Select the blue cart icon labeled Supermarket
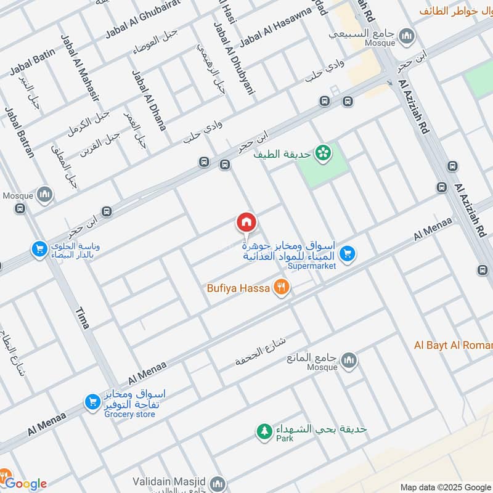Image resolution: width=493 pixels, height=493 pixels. coord(348,253)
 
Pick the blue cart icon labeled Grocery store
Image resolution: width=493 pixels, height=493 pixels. coord(92,402)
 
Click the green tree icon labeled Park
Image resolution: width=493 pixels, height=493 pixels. coord(264,432)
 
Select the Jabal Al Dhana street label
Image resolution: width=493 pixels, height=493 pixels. coord(149,100)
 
